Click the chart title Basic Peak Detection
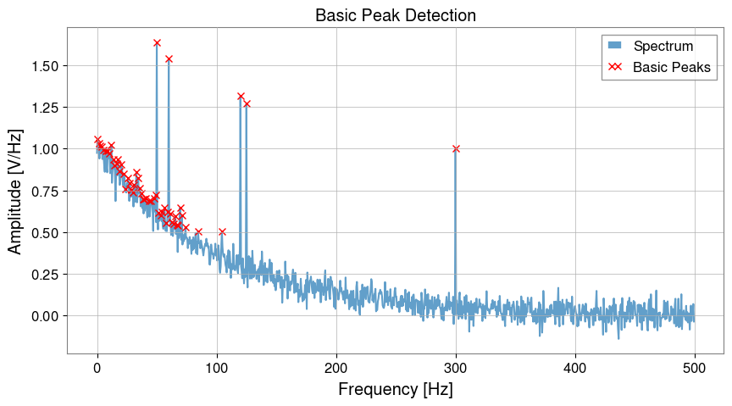[395, 15]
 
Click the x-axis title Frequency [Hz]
[395, 390]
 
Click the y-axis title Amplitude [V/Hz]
[15, 190]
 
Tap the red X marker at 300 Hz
[456, 148]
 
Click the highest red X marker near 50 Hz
[157, 42]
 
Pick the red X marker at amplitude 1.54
[169, 58]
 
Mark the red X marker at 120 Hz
[241, 97]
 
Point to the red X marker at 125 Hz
[247, 103]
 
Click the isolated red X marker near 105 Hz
[222, 231]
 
